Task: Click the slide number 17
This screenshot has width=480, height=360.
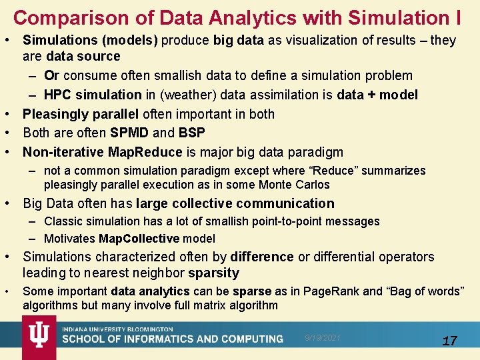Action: click(x=450, y=341)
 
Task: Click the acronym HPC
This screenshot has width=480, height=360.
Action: click(x=58, y=95)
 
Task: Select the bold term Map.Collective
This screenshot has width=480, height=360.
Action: click(x=139, y=238)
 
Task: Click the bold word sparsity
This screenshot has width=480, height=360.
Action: click(x=213, y=273)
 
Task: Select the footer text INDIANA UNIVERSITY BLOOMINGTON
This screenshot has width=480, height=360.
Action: click(x=117, y=329)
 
